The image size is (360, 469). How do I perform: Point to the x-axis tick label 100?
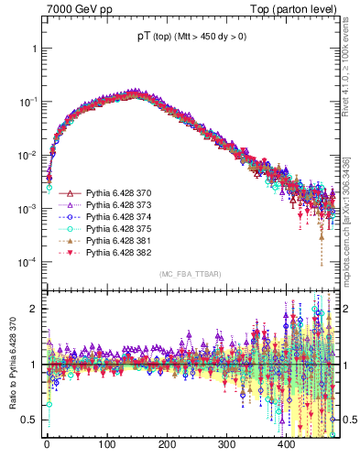click(x=106, y=444)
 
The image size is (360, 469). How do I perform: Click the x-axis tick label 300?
click(x=226, y=444)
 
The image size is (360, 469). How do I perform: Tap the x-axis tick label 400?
click(x=286, y=444)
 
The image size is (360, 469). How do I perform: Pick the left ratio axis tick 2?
click(x=31, y=309)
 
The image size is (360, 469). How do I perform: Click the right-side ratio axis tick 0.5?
click(x=346, y=420)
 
